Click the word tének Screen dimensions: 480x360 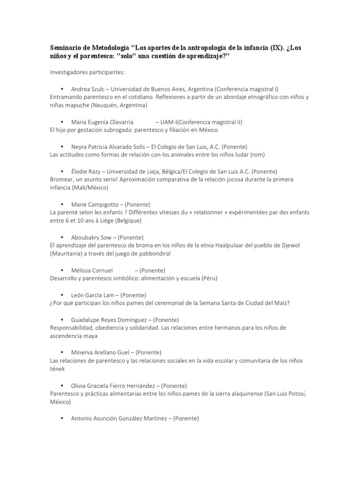click(57, 368)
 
